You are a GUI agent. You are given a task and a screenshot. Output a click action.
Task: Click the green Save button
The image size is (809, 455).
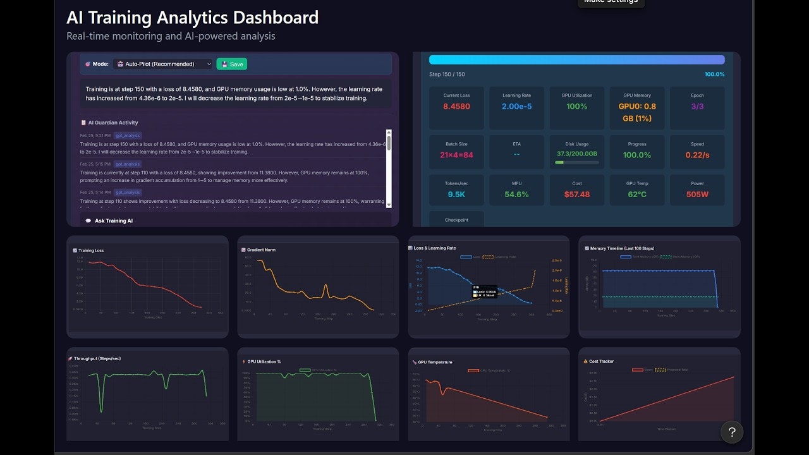click(231, 64)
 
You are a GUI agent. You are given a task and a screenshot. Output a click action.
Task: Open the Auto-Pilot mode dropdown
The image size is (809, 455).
click(162, 64)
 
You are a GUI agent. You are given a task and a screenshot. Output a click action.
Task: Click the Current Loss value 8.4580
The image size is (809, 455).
click(456, 106)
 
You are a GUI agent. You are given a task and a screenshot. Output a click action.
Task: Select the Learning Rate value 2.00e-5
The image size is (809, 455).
click(516, 106)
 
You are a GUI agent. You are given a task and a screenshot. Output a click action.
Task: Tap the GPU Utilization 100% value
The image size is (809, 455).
click(576, 106)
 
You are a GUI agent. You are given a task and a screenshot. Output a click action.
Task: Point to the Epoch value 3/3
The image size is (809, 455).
click(697, 106)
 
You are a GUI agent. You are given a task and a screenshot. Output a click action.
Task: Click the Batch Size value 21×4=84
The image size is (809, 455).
click(456, 155)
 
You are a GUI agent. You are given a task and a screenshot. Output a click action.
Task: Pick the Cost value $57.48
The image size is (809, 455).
click(576, 194)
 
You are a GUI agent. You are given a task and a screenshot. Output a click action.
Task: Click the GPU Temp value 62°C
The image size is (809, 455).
click(636, 194)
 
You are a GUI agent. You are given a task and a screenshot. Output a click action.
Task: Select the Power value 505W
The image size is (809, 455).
click(697, 194)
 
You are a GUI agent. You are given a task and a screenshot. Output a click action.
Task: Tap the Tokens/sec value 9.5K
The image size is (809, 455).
click(456, 194)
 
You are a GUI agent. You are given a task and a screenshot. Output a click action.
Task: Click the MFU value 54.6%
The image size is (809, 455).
click(516, 194)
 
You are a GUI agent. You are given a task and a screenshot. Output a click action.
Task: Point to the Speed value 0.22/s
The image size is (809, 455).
click(697, 155)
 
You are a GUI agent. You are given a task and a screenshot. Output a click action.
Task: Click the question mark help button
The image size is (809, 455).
click(732, 432)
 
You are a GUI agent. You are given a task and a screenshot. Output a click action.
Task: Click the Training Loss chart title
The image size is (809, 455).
click(91, 250)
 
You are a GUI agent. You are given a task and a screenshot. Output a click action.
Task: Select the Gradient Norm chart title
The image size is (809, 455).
click(261, 250)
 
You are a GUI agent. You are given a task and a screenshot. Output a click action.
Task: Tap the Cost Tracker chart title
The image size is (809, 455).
click(601, 361)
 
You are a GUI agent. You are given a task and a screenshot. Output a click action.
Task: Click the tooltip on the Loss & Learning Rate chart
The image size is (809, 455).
click(484, 291)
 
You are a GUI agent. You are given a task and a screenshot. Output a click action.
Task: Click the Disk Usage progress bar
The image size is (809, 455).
click(576, 162)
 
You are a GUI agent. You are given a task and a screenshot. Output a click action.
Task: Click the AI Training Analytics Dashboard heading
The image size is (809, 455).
click(192, 17)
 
